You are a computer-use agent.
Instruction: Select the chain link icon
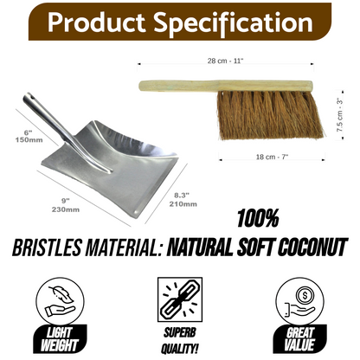pos(181,298)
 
